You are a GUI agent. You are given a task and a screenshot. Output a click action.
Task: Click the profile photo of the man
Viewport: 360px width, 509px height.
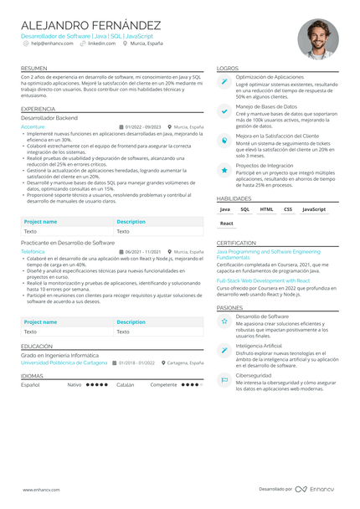point(318,39)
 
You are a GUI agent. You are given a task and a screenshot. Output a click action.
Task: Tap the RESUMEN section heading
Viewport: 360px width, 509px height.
point(34,68)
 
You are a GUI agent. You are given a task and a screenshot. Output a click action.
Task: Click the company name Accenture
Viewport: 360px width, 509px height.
point(34,126)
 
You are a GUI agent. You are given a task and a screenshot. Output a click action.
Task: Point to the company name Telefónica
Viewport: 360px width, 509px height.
point(33,251)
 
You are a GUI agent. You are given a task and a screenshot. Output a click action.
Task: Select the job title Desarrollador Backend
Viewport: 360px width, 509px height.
point(49,119)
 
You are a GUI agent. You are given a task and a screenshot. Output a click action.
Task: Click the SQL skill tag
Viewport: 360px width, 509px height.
point(245,209)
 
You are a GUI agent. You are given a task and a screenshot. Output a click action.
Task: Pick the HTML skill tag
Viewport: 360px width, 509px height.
point(266,209)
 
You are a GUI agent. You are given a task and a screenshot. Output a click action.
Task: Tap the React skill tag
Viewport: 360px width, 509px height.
point(227,224)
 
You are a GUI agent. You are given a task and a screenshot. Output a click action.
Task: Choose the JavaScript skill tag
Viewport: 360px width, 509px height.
point(314,209)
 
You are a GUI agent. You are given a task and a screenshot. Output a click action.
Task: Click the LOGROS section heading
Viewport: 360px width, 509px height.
point(227,68)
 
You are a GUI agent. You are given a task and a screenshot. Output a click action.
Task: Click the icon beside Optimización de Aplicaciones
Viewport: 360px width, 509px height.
point(224,82)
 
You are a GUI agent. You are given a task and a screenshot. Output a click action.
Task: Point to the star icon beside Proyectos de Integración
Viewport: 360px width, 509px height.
point(224,170)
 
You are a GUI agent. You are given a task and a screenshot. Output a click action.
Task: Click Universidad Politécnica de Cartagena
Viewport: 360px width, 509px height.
point(64,363)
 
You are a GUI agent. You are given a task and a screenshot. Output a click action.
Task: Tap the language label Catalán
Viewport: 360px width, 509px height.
point(125,385)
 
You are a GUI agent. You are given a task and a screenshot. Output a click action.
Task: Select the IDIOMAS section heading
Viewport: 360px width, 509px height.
point(33,376)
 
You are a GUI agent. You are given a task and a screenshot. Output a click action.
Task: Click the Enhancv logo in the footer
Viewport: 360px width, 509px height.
point(316,489)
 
